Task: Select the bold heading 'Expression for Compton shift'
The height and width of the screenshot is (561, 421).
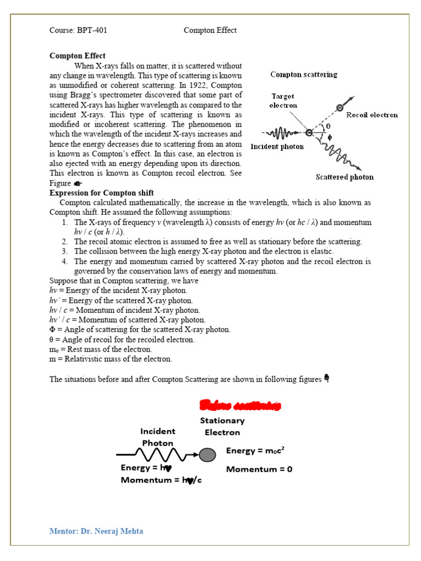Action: (101, 193)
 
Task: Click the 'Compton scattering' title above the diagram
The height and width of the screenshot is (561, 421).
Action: (304, 74)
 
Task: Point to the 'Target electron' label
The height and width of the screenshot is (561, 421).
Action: (283, 100)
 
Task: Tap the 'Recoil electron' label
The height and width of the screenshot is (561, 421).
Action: (372, 115)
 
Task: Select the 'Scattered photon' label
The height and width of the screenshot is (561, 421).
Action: (344, 177)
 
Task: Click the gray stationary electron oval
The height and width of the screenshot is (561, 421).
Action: (207, 454)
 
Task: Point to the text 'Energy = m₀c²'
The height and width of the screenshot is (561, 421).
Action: (255, 450)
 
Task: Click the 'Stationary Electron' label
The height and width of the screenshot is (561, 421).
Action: (222, 426)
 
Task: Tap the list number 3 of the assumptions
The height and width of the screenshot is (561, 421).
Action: (64, 251)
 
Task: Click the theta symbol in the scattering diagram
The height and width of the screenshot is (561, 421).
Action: (328, 125)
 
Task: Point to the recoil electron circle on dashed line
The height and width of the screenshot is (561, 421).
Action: (340, 108)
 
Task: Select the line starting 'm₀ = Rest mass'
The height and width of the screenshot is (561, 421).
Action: (101, 349)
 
